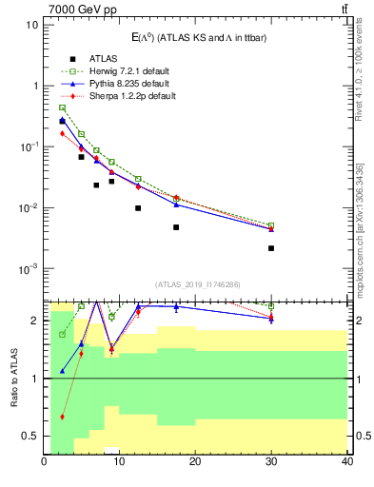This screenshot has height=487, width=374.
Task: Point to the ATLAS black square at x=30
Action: point(271,248)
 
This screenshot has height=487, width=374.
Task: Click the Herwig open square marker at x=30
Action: point(271,225)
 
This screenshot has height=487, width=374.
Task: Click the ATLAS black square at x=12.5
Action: point(138,208)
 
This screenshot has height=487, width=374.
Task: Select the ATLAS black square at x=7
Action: point(96,185)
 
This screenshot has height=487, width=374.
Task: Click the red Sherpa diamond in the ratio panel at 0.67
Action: point(63,417)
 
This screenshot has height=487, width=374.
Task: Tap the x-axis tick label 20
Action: point(195,462)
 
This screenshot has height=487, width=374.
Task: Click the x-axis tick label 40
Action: point(346,462)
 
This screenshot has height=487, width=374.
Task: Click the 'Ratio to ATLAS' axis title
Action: point(14,379)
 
